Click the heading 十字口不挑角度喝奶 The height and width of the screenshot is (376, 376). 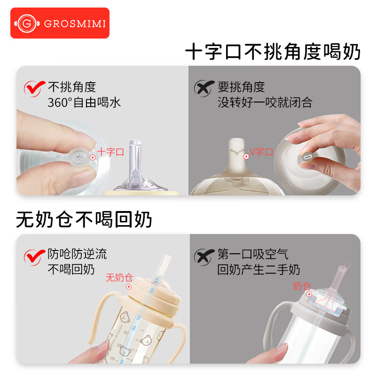pyautogui.click(x=273, y=52)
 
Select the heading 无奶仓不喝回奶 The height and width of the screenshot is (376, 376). pyautogui.click(x=84, y=219)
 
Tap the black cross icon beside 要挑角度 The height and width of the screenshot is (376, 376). pyautogui.click(x=203, y=88)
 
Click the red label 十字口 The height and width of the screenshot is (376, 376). pyautogui.click(x=110, y=152)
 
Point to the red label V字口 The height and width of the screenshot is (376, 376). pyautogui.click(x=261, y=152)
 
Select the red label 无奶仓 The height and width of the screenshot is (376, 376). pyautogui.click(x=119, y=278)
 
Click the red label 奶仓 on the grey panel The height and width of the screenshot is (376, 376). pyautogui.click(x=302, y=286)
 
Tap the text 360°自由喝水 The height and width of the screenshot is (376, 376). pyautogui.click(x=84, y=102)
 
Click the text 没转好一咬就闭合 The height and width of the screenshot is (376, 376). pyautogui.click(x=265, y=102)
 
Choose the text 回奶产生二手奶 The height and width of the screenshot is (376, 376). pyautogui.click(x=258, y=270)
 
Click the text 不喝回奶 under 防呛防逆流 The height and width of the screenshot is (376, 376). pyautogui.click(x=71, y=270)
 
